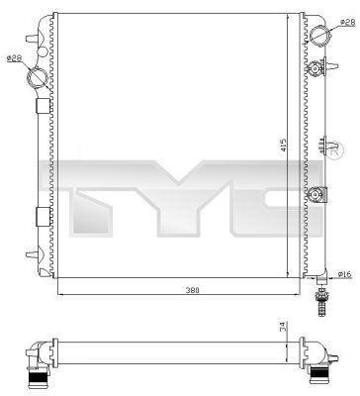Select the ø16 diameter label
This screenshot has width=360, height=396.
[x=345, y=247]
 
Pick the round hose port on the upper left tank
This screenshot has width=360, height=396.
[x=36, y=77]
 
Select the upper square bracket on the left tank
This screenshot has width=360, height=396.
[x=42, y=106]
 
